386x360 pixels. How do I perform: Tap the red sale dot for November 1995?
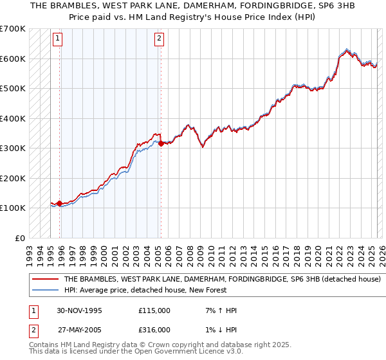tap(60, 204)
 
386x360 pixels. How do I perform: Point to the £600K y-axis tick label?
tap(13, 59)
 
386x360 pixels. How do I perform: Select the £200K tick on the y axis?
tap(13, 178)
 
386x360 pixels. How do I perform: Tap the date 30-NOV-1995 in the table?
tap(79, 310)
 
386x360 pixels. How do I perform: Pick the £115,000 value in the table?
tap(154, 310)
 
